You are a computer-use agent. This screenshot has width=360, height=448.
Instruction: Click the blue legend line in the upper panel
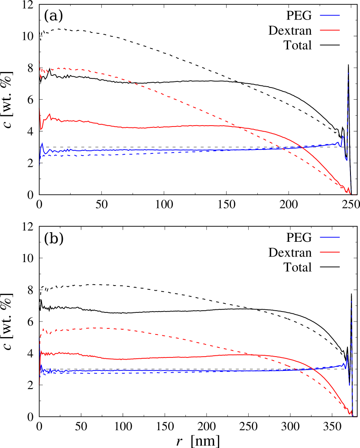point(330,16)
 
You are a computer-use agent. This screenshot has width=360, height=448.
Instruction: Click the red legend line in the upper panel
point(330,30)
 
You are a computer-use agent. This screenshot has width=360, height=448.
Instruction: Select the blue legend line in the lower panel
point(330,237)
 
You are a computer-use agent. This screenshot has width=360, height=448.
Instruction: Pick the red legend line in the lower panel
point(330,252)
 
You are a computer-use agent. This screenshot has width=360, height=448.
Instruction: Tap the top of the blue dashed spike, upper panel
point(348,73)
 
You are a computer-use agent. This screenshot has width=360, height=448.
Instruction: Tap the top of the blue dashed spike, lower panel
point(352,301)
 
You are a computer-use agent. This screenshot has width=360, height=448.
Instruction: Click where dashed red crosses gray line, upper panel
point(280,147)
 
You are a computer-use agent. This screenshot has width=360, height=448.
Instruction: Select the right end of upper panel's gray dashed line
point(356,147)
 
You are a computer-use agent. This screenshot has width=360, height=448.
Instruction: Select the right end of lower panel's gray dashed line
point(356,369)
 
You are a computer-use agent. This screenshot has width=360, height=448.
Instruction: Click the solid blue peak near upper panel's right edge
point(342,136)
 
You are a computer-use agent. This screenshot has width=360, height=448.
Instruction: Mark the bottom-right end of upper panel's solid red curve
point(350,194)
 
